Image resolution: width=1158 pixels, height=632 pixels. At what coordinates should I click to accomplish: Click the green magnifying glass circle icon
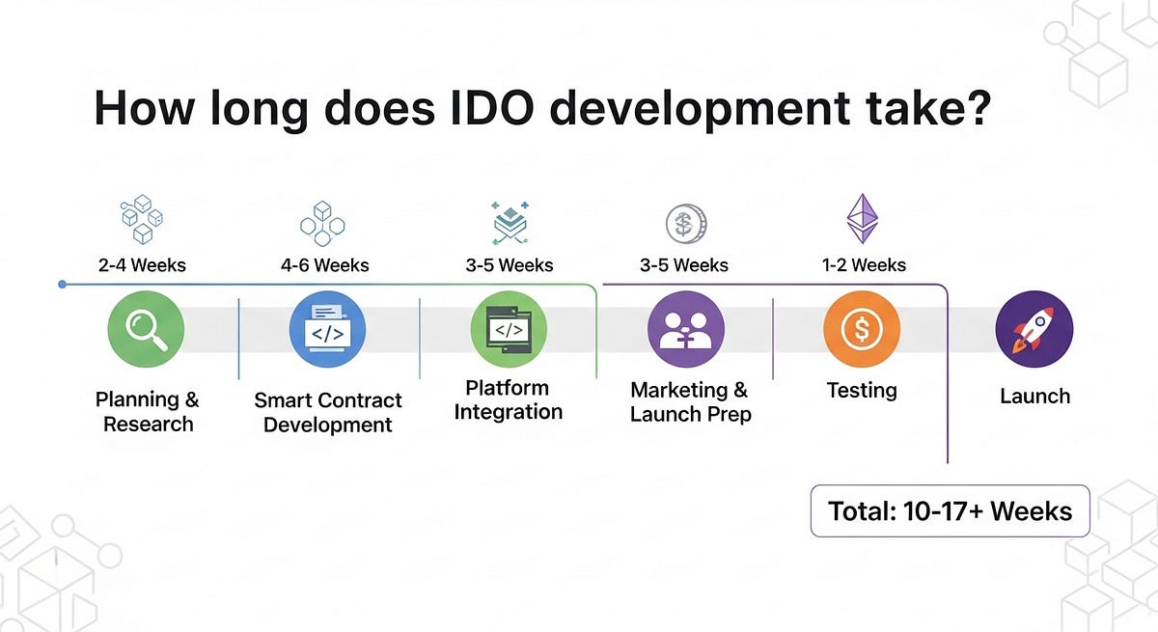tap(146, 329)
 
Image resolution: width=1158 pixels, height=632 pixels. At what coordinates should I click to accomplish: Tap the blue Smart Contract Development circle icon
tap(327, 329)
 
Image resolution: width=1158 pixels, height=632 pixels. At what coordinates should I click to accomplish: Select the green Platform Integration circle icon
tap(509, 329)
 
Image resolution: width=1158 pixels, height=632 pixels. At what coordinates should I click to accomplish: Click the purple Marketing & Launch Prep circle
tap(686, 329)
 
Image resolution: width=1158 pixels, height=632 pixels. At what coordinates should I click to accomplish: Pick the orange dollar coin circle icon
tap(862, 329)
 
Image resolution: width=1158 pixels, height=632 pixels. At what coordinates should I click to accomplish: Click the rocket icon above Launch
tap(1034, 329)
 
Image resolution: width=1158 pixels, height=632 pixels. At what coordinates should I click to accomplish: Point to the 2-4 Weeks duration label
tap(142, 265)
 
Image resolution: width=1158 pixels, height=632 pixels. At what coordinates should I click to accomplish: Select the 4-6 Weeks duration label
tap(324, 265)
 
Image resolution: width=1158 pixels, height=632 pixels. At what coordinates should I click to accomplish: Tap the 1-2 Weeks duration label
tap(864, 265)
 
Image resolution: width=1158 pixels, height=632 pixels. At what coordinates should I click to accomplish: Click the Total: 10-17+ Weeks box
tap(951, 511)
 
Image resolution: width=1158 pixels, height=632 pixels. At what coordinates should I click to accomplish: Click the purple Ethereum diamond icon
tap(863, 219)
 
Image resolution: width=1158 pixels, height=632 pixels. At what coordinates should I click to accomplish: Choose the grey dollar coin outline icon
tap(686, 224)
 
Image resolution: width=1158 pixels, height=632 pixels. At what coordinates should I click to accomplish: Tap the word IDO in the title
tap(491, 108)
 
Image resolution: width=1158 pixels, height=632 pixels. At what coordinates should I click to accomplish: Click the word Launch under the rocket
tap(1034, 397)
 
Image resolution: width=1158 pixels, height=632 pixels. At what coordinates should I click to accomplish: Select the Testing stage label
tap(862, 391)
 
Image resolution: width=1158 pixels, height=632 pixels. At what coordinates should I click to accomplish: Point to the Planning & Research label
tap(148, 412)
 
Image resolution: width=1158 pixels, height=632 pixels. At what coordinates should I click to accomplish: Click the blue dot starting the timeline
tap(62, 285)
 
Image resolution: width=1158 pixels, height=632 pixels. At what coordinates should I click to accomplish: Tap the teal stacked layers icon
tap(510, 223)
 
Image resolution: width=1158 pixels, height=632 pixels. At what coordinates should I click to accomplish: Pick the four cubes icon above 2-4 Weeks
tap(142, 220)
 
